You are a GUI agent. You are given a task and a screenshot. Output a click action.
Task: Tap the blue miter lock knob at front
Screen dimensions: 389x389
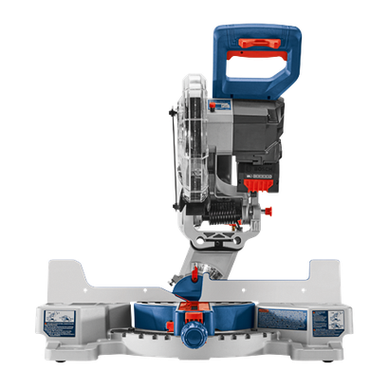click(x=195, y=337)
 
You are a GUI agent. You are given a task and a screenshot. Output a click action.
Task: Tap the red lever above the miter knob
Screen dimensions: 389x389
click(x=194, y=309)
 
